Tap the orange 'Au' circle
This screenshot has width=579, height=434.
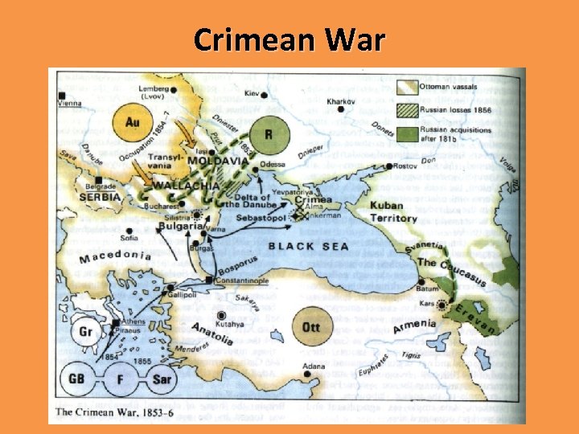click(x=133, y=121)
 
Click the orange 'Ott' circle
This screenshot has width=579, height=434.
click(x=310, y=326)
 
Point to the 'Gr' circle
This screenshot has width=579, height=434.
click(x=85, y=331)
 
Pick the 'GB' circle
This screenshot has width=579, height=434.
click(x=78, y=378)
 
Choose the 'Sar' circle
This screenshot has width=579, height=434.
click(x=161, y=378)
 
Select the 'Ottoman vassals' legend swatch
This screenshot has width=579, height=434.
click(x=413, y=88)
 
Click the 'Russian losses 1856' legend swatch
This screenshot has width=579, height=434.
click(x=413, y=109)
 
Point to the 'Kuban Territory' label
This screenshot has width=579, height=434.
click(x=392, y=211)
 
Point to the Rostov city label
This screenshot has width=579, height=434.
click(x=409, y=166)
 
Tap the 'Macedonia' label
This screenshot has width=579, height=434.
click(x=116, y=256)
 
